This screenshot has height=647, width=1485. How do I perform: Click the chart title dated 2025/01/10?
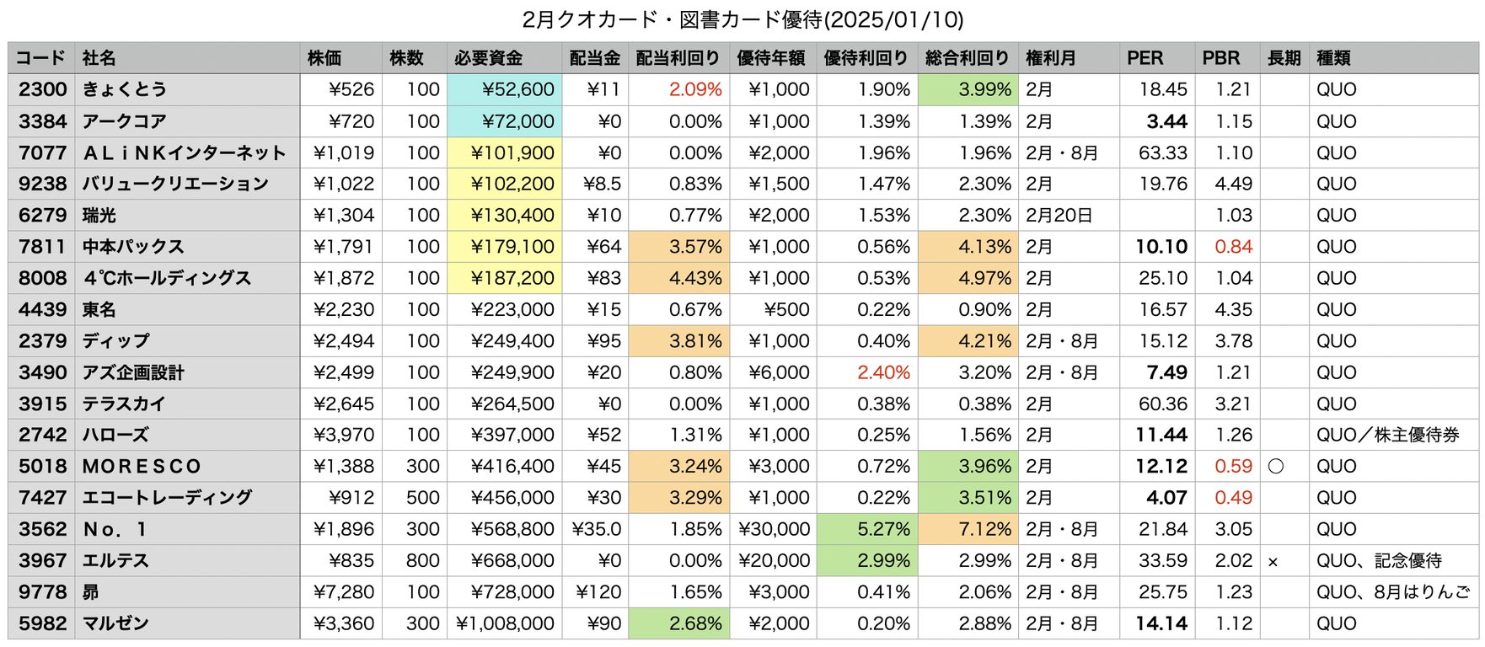click(742, 19)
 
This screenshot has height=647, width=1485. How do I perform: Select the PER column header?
click(1145, 58)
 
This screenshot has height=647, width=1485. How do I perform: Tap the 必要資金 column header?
click(489, 58)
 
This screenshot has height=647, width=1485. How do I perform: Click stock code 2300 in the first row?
click(42, 89)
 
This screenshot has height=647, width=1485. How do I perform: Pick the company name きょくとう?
click(125, 89)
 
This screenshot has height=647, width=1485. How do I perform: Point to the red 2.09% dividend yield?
click(695, 89)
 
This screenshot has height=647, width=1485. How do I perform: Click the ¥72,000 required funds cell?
click(517, 121)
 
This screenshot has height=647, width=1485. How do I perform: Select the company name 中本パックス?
click(133, 247)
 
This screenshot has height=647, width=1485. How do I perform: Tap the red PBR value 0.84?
click(1233, 247)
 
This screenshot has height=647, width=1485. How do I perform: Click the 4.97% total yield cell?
click(984, 278)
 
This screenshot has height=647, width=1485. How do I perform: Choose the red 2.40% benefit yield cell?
click(883, 372)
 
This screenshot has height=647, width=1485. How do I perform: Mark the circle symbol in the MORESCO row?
click(1276, 467)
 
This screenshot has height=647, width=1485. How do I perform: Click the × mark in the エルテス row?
click(1273, 562)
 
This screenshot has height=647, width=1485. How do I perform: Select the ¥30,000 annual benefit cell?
click(775, 529)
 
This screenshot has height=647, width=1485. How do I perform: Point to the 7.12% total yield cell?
click(984, 529)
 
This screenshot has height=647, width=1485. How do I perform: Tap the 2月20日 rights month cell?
click(1059, 216)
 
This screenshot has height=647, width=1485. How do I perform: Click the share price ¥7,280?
click(344, 592)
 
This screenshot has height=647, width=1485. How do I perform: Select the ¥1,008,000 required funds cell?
click(505, 623)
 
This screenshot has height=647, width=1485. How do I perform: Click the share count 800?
click(423, 560)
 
